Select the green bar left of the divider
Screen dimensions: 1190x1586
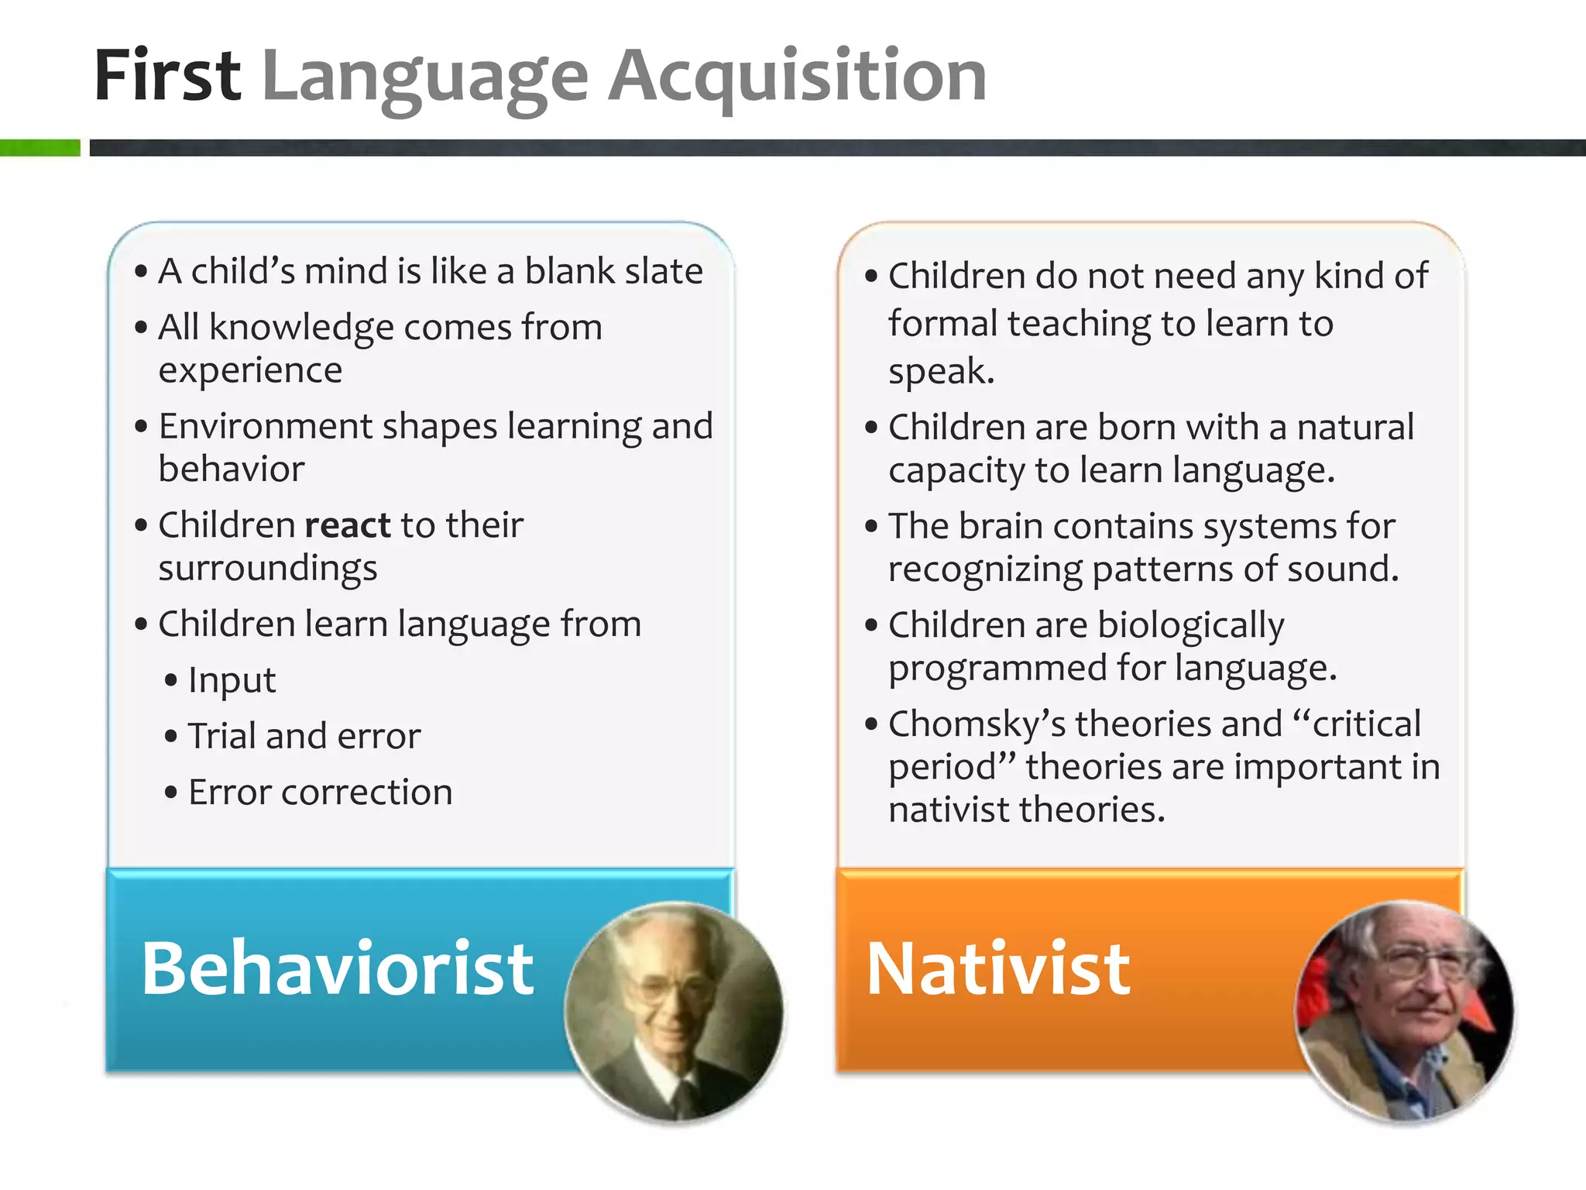pyautogui.click(x=39, y=147)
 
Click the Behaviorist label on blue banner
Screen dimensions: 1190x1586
pyautogui.click(x=337, y=968)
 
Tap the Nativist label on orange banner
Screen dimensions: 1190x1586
pyautogui.click(x=998, y=968)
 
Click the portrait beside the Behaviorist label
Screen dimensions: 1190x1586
pyautogui.click(x=674, y=1011)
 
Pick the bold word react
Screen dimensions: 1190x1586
pyautogui.click(x=348, y=525)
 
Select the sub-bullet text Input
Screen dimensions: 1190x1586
pyautogui.click(x=232, y=680)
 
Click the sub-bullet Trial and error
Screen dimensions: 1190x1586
pyautogui.click(x=304, y=736)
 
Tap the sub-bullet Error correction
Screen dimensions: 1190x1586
pyautogui.click(x=320, y=792)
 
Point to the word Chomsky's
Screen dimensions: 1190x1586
pyautogui.click(x=977, y=724)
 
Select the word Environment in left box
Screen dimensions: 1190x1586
pyautogui.click(x=265, y=426)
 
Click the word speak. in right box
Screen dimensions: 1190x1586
pyautogui.click(x=941, y=371)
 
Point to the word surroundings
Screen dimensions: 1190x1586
pyautogui.click(x=267, y=569)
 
